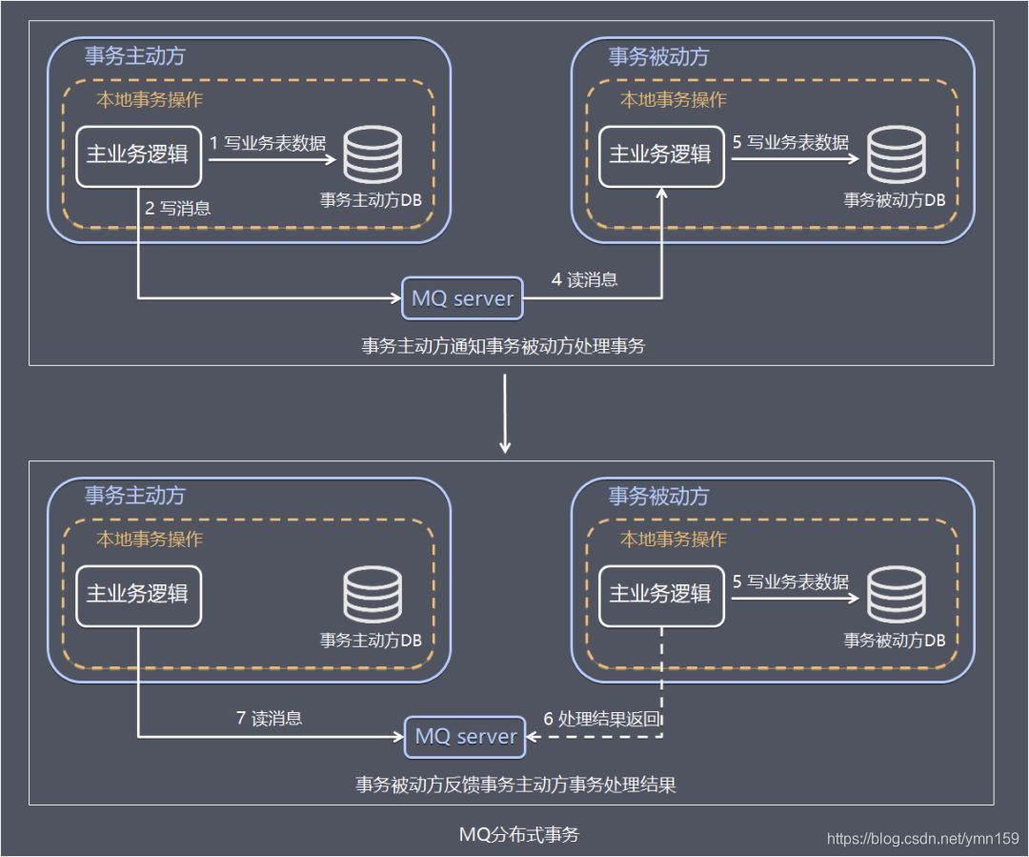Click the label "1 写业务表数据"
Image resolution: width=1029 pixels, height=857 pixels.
point(268,143)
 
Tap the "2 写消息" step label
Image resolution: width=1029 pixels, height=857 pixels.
point(178,208)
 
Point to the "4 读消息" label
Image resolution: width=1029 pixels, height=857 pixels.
point(584,279)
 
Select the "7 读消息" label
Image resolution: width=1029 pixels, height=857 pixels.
point(270,718)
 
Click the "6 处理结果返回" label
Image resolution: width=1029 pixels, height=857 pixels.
point(601,718)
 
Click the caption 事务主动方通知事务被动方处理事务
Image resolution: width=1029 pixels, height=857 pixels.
point(503,346)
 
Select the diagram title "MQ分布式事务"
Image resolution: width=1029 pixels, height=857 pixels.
point(519,835)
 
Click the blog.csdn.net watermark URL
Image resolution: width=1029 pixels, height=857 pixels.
point(923,839)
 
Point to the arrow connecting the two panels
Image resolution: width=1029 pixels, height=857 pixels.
point(506,414)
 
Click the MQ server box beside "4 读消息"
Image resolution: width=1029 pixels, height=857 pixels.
point(462,298)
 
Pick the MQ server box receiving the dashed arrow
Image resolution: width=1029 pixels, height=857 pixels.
point(466,736)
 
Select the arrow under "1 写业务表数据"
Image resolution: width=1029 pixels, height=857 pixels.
point(272,160)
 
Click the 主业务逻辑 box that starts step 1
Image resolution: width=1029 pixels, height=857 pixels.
point(138,155)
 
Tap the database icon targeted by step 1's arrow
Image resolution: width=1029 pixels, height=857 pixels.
point(373,156)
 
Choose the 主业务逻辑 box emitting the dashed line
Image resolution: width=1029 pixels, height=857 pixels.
point(660,594)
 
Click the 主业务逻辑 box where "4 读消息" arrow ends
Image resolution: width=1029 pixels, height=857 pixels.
point(660,155)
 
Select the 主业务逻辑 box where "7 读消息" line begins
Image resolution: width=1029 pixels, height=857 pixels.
point(138,594)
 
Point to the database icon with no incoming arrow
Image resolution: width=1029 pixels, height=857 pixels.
point(373,595)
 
